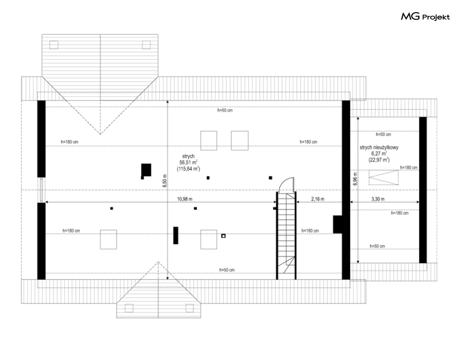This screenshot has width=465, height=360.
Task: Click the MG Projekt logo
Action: tap(425, 17)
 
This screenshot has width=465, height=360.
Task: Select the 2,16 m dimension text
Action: tap(318, 198)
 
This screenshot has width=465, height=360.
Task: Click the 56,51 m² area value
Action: tap(189, 162)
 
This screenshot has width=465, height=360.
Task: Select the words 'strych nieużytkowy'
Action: tap(379, 147)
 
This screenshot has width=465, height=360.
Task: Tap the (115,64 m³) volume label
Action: tap(188, 169)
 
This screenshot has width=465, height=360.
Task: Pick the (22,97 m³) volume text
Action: tap(379, 159)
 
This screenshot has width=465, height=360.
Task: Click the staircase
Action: tap(286, 236)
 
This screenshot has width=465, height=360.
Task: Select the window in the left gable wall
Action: tap(42, 190)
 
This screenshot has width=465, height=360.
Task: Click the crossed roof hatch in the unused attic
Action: tap(384, 178)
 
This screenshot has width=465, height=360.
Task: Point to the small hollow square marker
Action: tap(223, 236)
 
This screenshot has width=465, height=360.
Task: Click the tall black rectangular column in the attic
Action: tap(176, 235)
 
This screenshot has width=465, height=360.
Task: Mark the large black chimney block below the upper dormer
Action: tap(146, 170)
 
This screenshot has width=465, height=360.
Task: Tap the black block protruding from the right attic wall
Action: tap(337, 224)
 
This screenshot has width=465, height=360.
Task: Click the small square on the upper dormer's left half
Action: tap(54, 45)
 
